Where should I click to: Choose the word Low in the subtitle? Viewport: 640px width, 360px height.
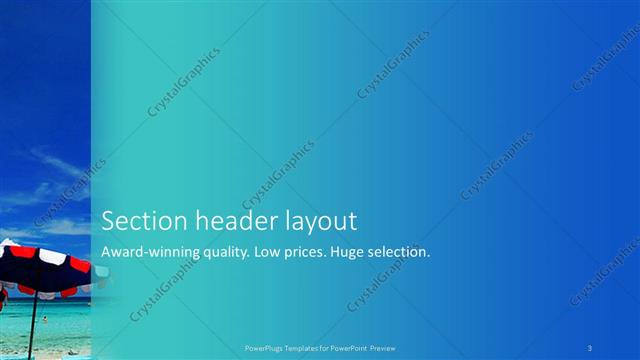point(270,252)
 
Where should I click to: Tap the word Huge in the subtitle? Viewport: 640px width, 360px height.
point(356,253)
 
